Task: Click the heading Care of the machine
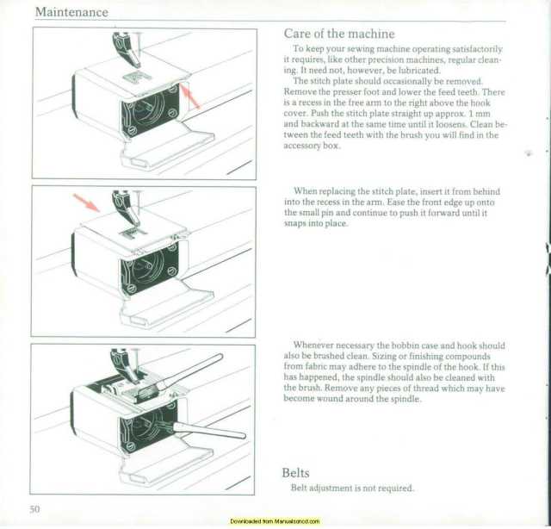[338, 34]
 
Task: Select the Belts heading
[296, 473]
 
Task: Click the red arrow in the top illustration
[190, 96]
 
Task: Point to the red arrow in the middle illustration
[86, 202]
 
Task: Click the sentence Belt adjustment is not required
[352, 489]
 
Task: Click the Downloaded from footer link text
[275, 522]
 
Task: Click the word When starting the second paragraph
[306, 190]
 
